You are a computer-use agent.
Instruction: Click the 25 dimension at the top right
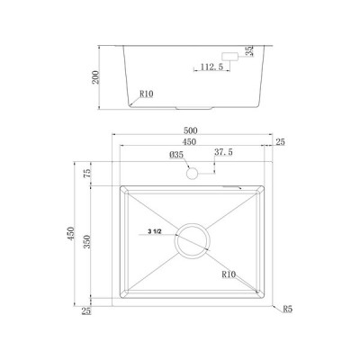tap(281, 141)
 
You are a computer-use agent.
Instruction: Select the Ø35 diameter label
tap(177, 154)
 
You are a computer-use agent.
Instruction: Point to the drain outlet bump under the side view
tap(192, 108)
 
